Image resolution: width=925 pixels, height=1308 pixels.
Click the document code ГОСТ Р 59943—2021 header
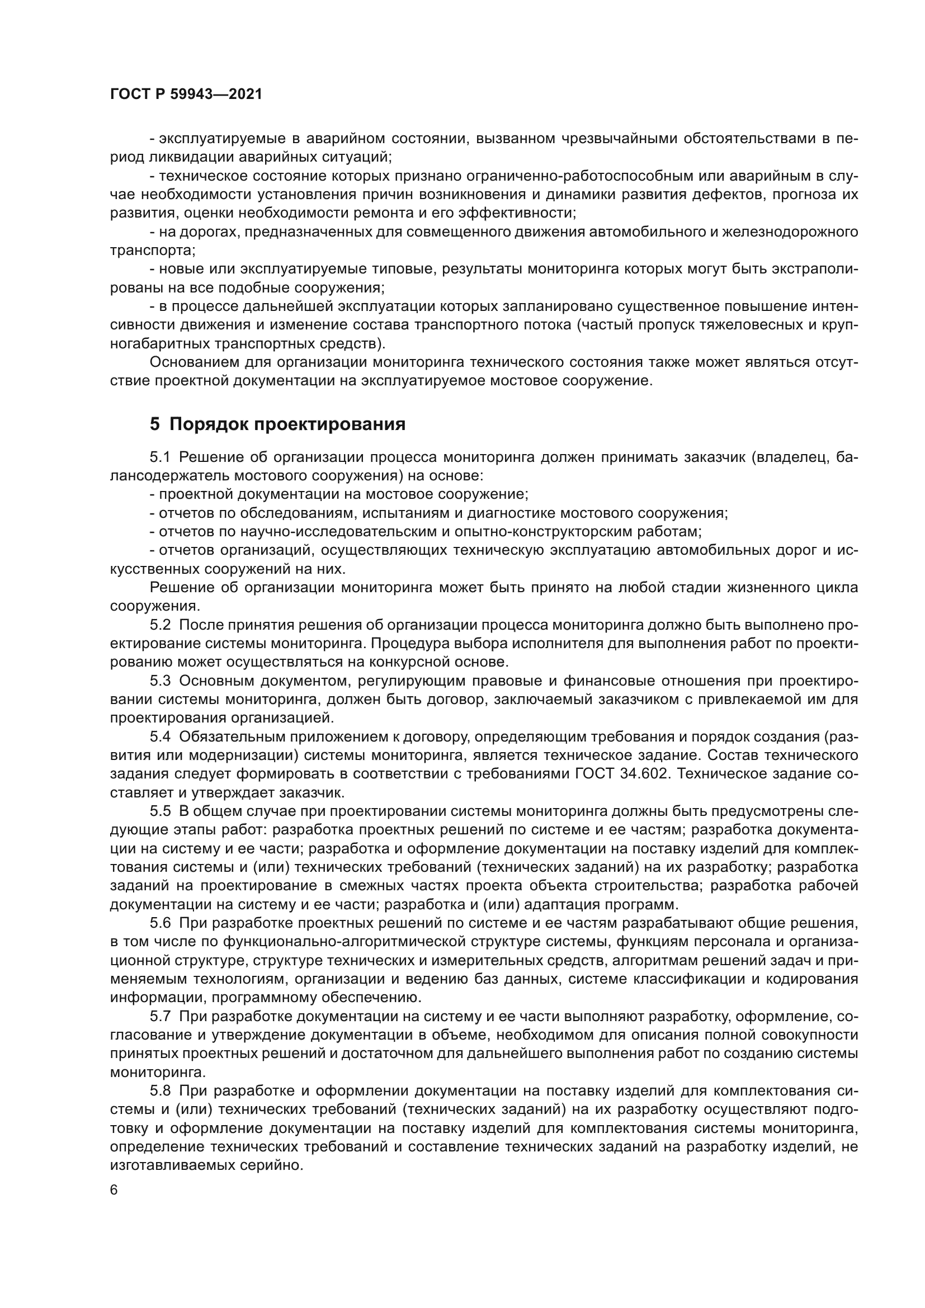point(186,95)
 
